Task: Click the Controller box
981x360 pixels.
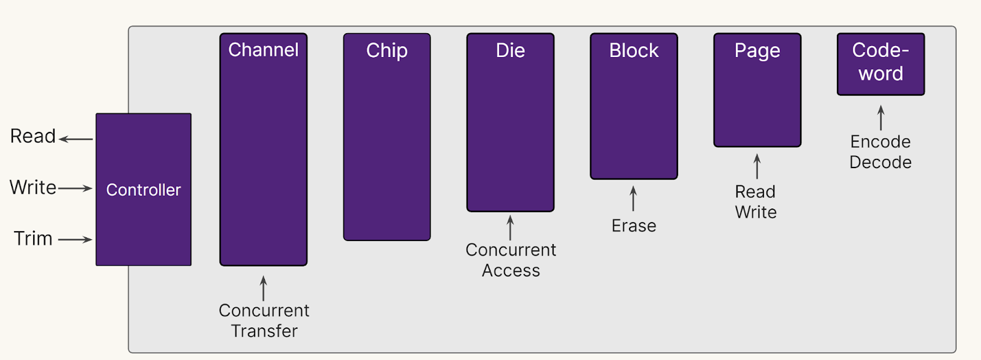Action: click(x=143, y=190)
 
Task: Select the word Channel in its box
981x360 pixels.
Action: click(x=264, y=50)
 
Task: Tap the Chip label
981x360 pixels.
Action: click(x=387, y=50)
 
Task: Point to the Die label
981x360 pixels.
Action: click(x=510, y=50)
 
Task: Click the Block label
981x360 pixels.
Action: click(x=634, y=50)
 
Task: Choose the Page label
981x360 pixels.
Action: click(x=757, y=50)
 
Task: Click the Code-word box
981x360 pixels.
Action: click(x=880, y=64)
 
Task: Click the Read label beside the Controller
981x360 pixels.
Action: click(x=33, y=136)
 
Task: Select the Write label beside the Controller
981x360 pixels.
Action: click(x=33, y=187)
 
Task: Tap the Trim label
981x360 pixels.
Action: click(x=33, y=238)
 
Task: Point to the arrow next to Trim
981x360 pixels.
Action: click(x=75, y=239)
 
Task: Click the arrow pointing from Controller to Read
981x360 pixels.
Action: click(x=76, y=139)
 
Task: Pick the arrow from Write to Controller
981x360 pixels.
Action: click(x=75, y=188)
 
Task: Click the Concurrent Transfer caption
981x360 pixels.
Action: click(x=264, y=321)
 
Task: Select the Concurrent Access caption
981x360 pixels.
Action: click(x=511, y=260)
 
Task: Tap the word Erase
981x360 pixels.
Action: click(x=634, y=226)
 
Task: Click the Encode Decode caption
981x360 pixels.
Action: click(x=880, y=152)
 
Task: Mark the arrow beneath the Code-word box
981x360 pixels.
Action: click(x=880, y=118)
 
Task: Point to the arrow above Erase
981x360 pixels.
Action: click(x=633, y=199)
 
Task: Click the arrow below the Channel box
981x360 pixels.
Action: click(x=264, y=288)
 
